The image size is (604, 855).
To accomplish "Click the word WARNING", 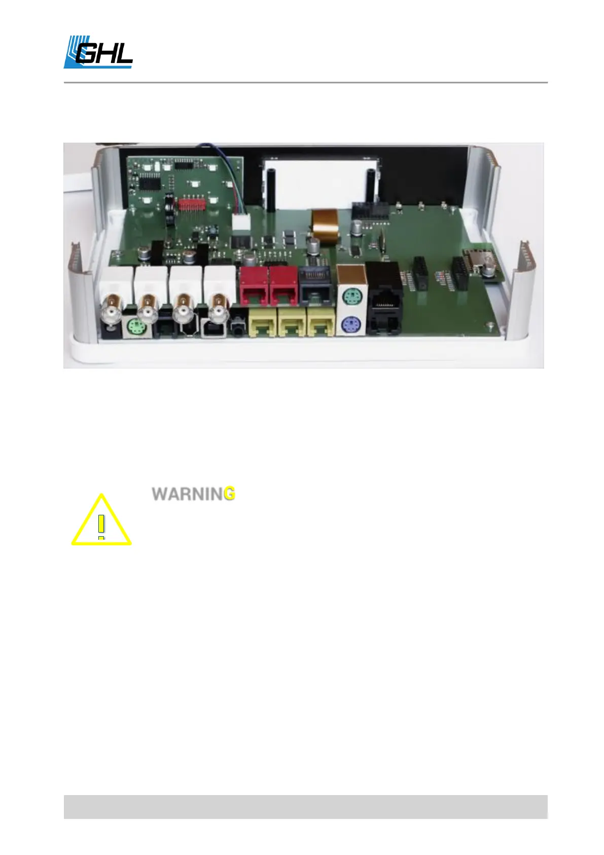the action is (x=193, y=494).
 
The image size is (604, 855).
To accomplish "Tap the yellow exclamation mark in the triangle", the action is (x=101, y=526).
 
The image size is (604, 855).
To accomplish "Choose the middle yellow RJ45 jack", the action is (x=292, y=324).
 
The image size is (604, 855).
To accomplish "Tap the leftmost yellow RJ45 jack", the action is (x=262, y=324).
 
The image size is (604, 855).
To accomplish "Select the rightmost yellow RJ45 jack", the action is (x=321, y=324).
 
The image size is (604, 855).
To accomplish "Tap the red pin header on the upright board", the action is (x=193, y=205).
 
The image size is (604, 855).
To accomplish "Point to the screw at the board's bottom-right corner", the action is (x=489, y=325).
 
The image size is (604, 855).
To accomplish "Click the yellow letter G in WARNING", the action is (x=229, y=494).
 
